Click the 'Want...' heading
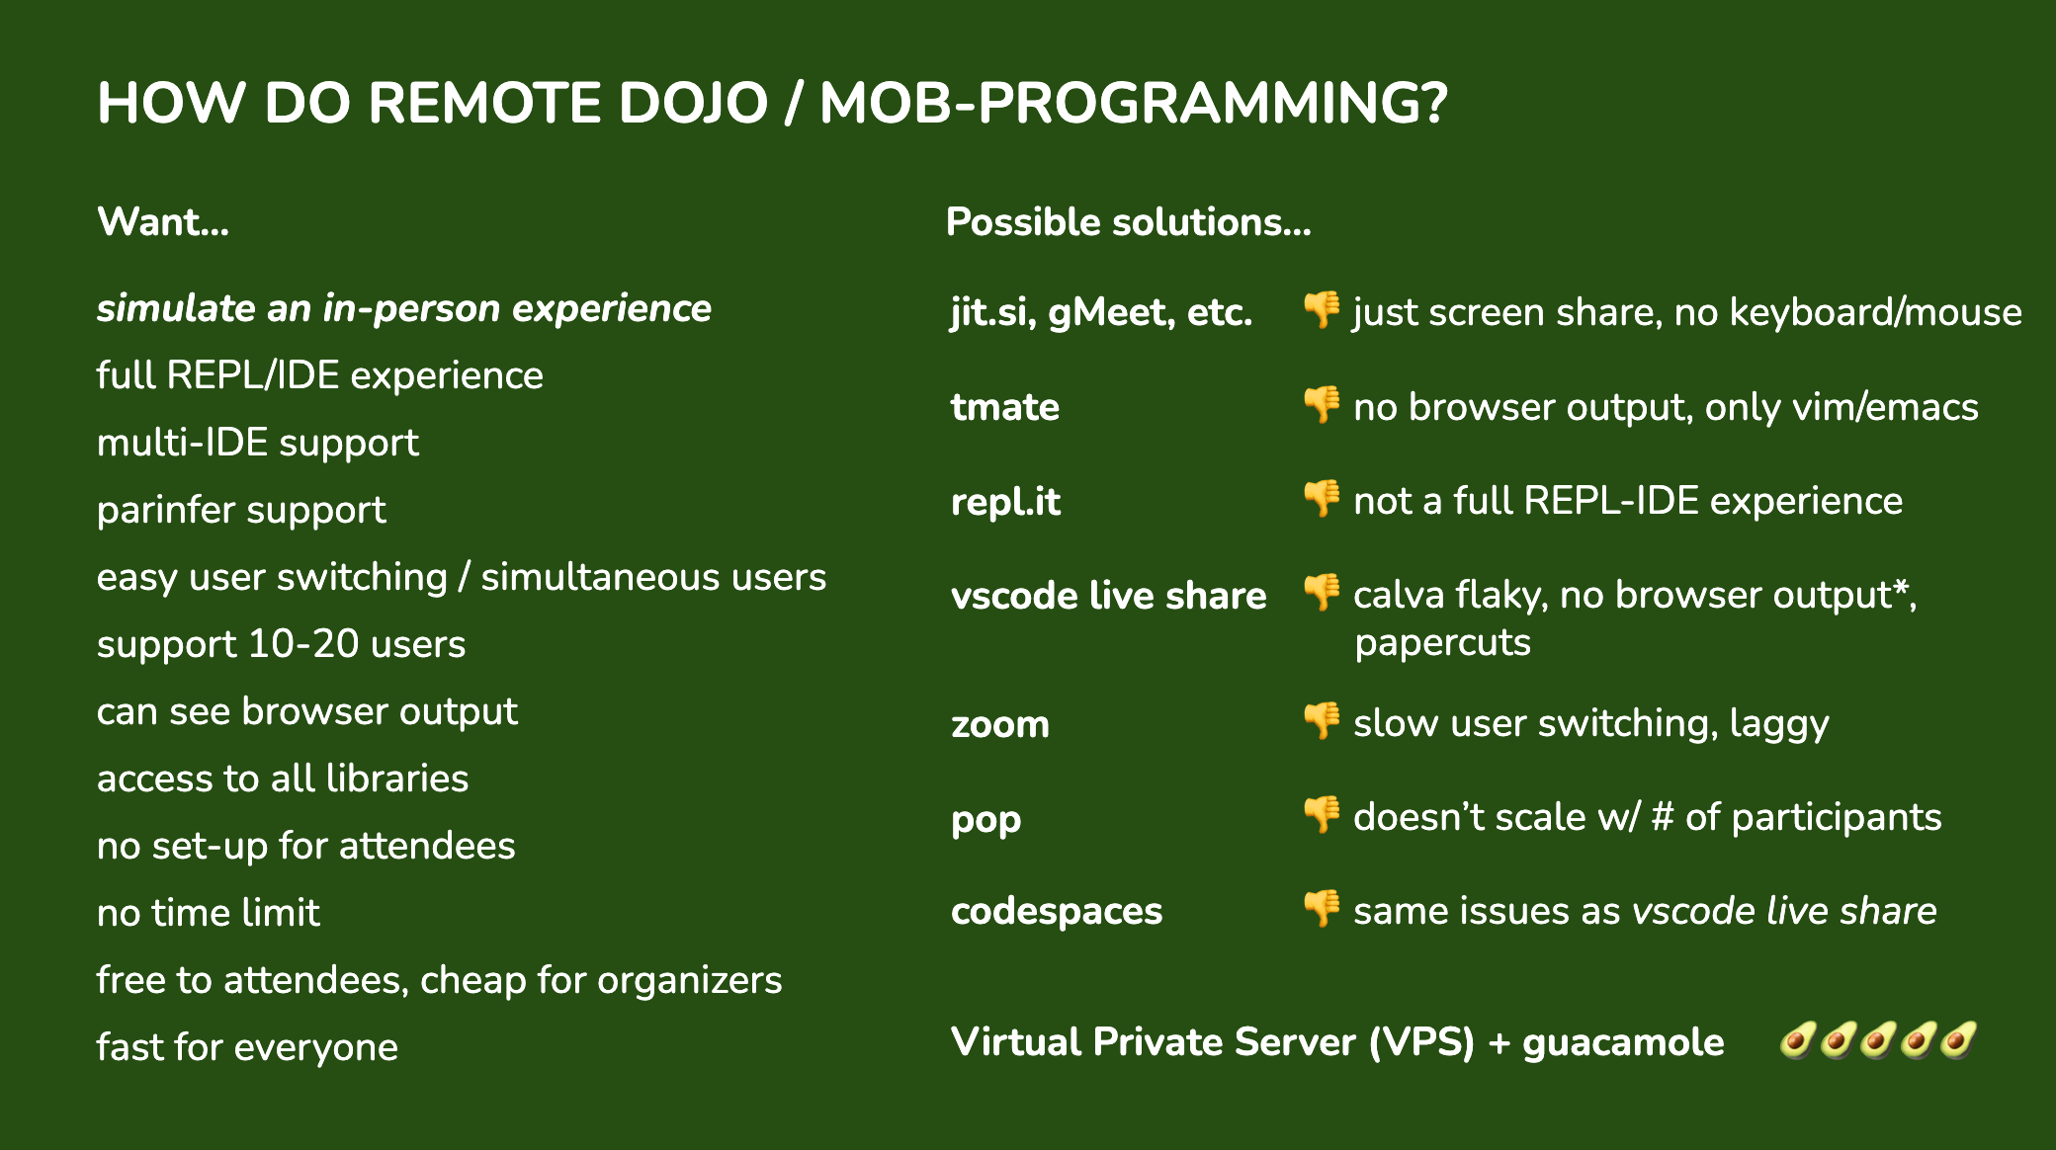(x=163, y=222)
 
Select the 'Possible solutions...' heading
(x=1129, y=222)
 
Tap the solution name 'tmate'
(x=1005, y=407)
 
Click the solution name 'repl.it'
(x=1005, y=502)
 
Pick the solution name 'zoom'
(x=1000, y=725)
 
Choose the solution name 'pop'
(x=986, y=820)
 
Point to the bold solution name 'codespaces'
(x=1057, y=911)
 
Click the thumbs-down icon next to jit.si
(x=1322, y=310)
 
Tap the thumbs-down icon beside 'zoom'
(x=1322, y=721)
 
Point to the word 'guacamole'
(x=1623, y=1043)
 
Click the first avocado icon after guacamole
(x=1797, y=1040)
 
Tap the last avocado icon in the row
(x=1958, y=1040)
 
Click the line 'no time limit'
(x=209, y=913)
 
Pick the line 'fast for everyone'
(x=247, y=1047)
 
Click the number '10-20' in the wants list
(x=303, y=644)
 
